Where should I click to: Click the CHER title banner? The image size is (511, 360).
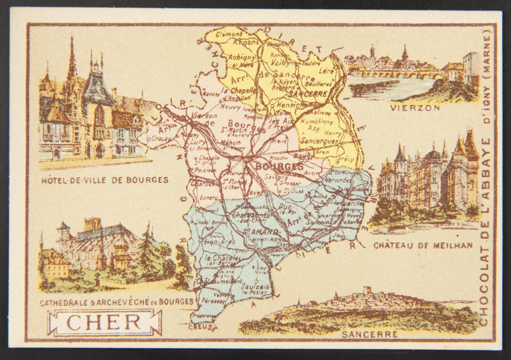tap(105, 322)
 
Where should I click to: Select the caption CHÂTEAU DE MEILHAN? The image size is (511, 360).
tap(423, 245)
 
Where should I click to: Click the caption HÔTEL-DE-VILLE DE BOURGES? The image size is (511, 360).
tap(105, 180)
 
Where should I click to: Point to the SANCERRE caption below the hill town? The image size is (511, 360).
tap(369, 334)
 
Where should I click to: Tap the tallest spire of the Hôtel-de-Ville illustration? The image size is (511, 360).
tap(72, 56)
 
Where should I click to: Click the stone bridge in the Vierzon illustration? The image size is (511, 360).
tap(399, 74)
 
